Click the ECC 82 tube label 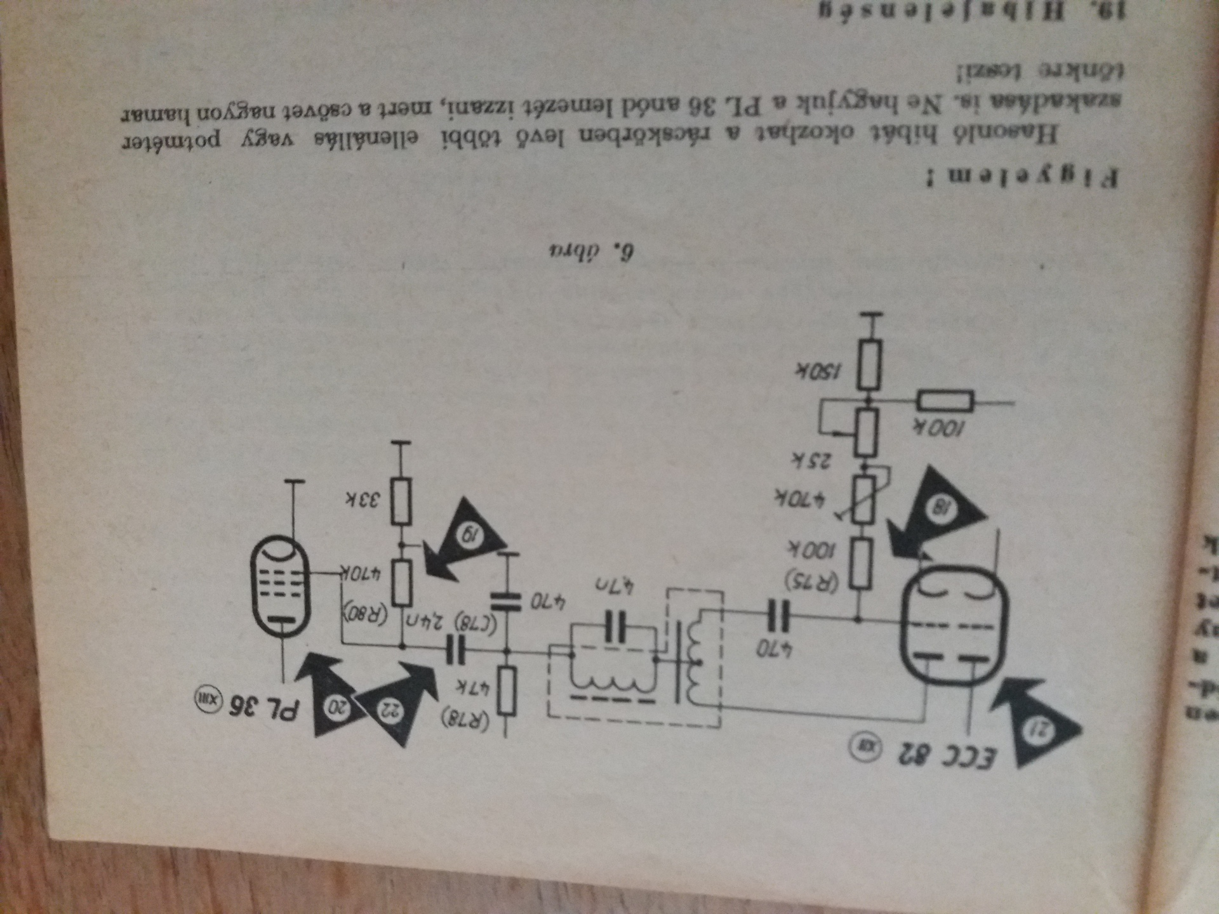pyautogui.click(x=946, y=755)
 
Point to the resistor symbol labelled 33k pyautogui.click(x=401, y=502)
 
